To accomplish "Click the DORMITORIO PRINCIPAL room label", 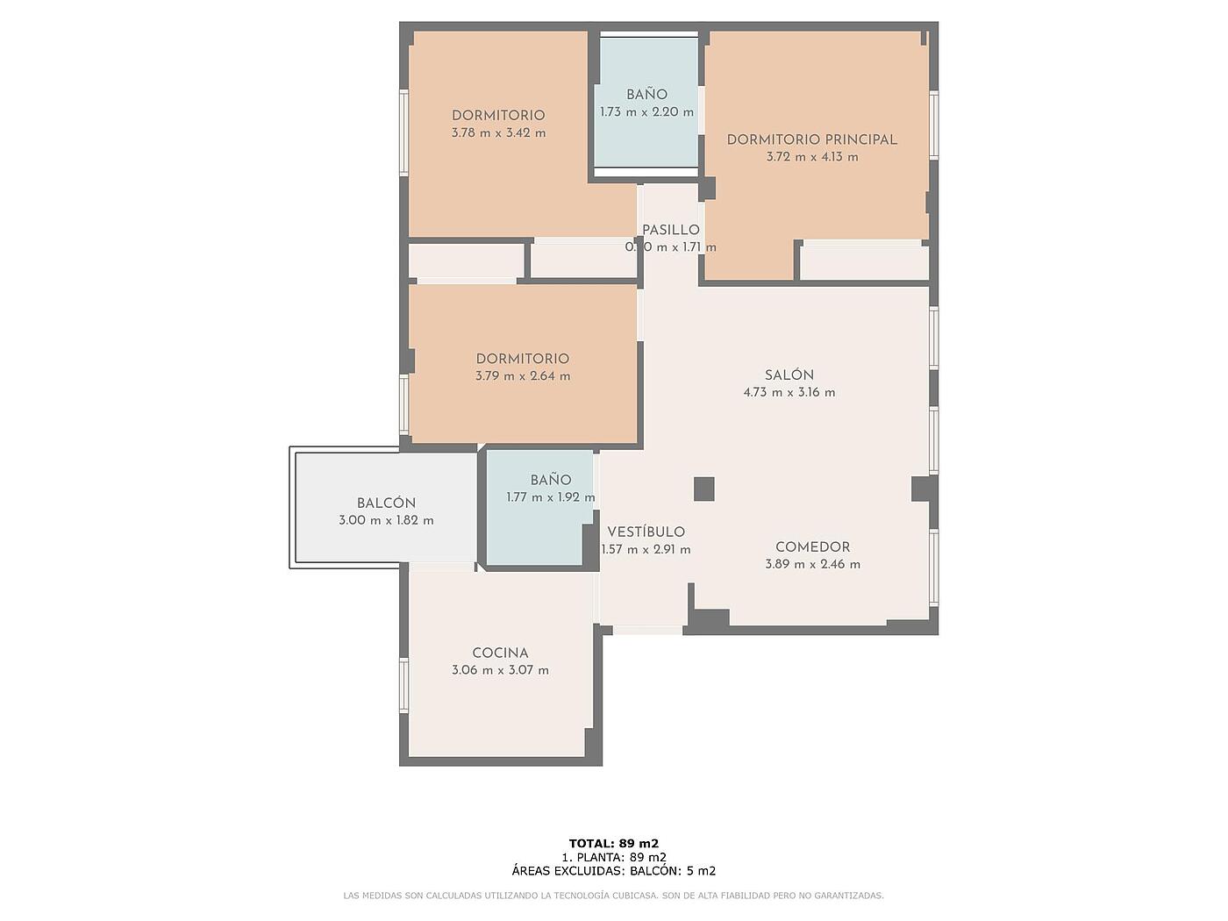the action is tap(811, 139).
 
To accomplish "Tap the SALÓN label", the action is tap(789, 375).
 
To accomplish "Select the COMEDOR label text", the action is tap(813, 546).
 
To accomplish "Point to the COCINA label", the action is tap(500, 653).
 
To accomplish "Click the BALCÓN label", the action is tap(386, 503).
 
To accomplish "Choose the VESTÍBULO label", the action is tap(646, 532).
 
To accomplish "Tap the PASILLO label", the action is tap(671, 230).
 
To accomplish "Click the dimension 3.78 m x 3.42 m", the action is tap(498, 133).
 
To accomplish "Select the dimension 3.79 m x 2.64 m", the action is tap(523, 376).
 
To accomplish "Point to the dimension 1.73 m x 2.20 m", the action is tap(646, 112).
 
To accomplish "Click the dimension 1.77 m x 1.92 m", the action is tap(551, 497).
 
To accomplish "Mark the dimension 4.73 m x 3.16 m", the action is tap(789, 393).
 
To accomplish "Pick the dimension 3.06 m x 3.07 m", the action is tap(500, 670).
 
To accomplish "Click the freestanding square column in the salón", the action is tap(704, 489).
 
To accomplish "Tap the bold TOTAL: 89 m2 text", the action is tap(614, 843).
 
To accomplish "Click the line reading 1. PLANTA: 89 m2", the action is tap(614, 857).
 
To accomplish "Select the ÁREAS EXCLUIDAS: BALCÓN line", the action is tap(614, 871).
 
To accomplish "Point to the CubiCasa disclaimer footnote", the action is tap(614, 896).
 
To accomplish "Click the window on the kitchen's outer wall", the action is tap(403, 685).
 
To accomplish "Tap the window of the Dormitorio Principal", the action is tap(934, 125).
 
